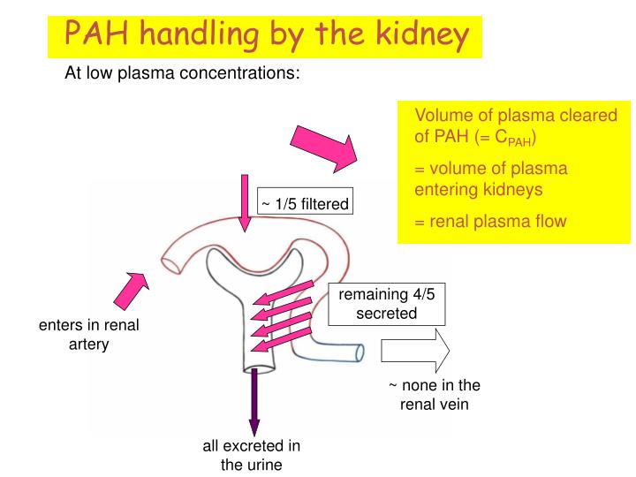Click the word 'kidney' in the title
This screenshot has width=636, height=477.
point(412,35)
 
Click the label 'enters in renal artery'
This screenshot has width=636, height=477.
point(88,335)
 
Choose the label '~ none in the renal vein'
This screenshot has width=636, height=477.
point(435,395)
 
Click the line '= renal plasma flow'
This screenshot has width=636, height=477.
point(490,221)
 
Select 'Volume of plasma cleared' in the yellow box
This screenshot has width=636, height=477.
point(503,117)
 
